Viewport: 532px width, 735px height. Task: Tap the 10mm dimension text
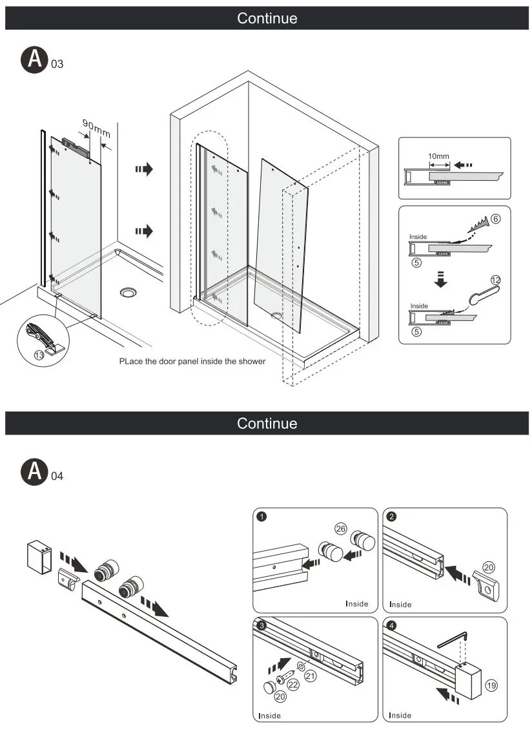tap(438, 156)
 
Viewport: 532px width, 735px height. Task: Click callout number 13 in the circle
tap(38, 355)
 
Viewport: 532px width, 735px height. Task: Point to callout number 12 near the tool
tap(495, 280)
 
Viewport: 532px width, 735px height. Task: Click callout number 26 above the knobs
tap(341, 529)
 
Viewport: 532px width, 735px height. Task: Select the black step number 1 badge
tap(261, 517)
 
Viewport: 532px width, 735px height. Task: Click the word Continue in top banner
tap(267, 18)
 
